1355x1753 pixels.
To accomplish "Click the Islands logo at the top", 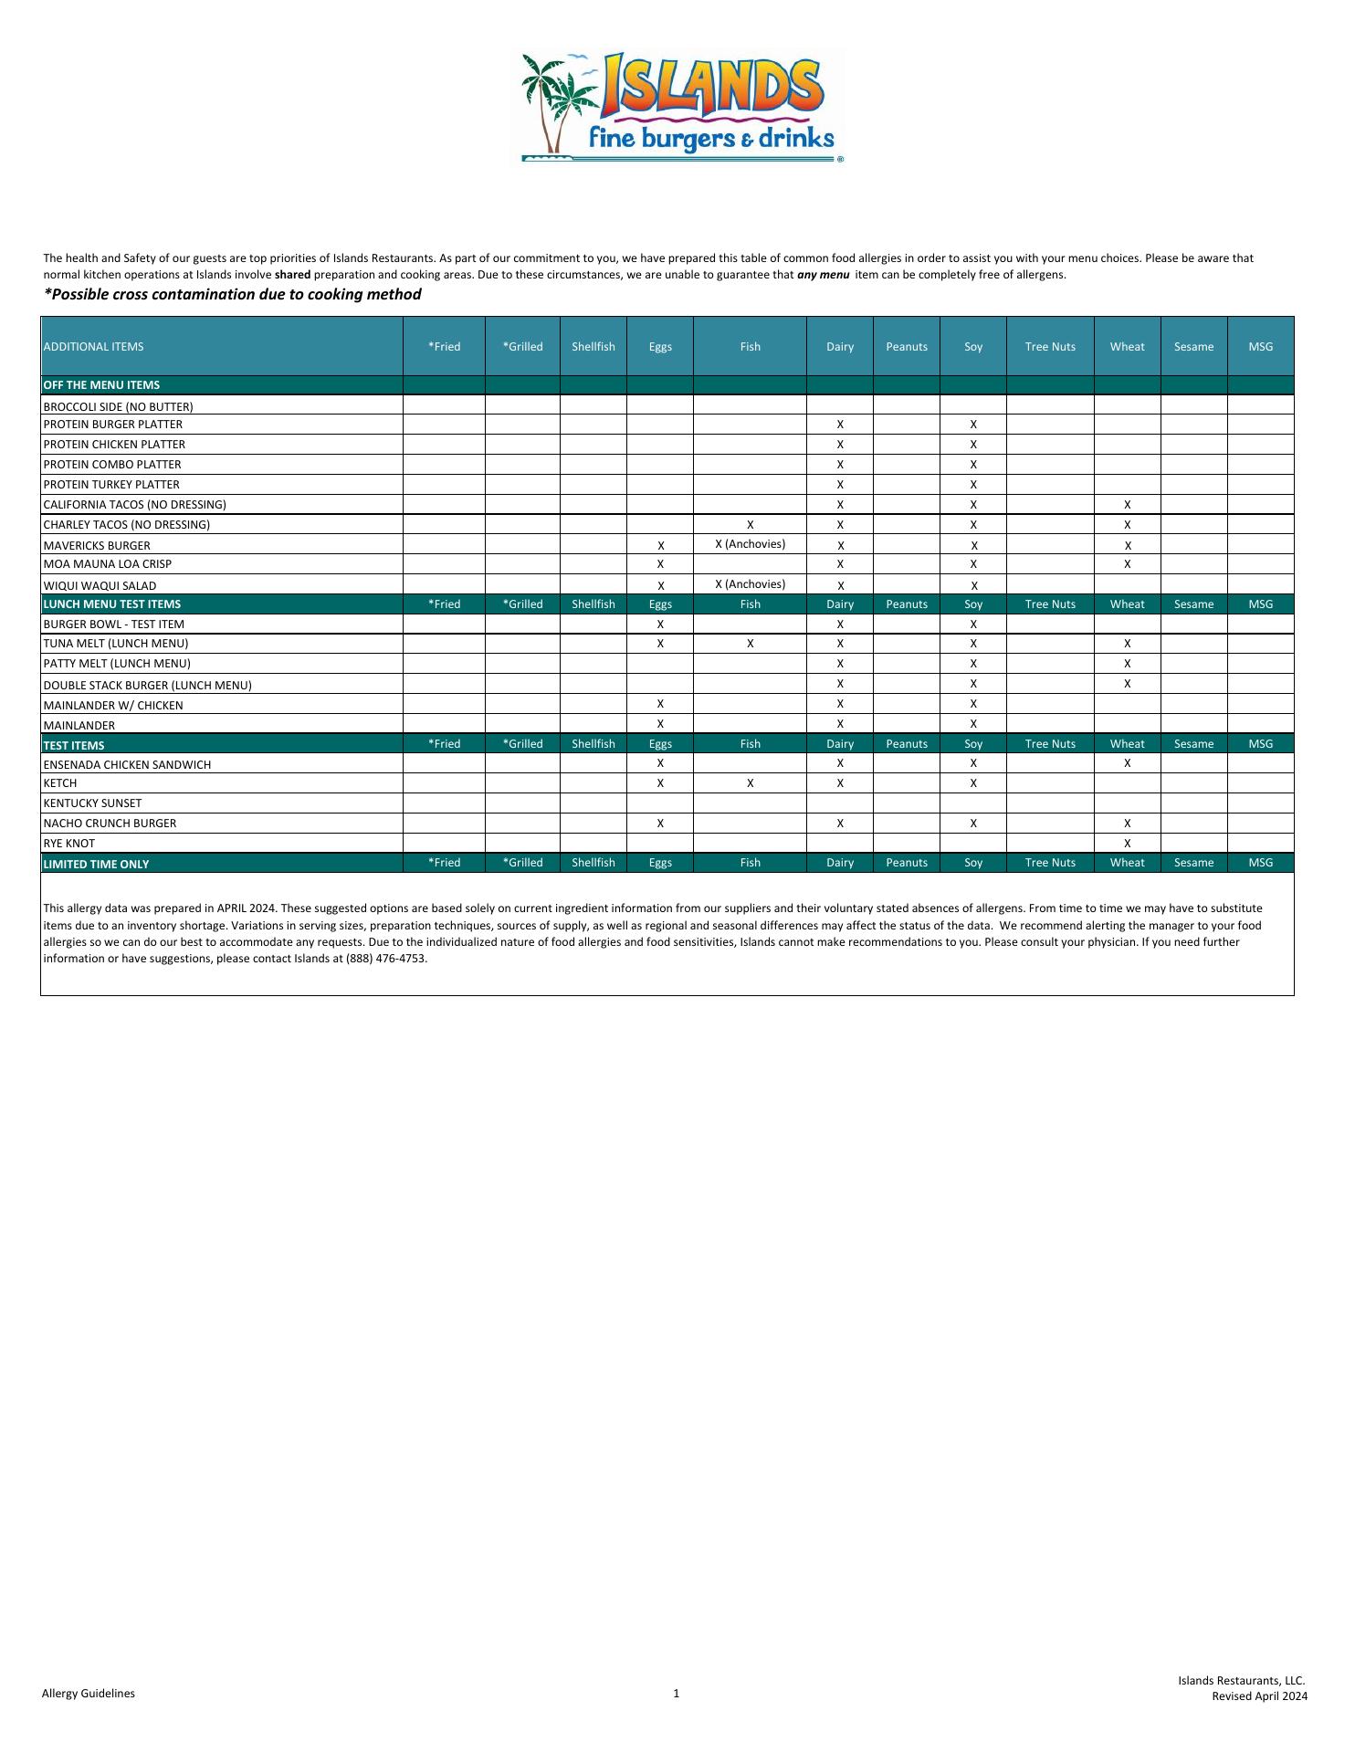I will pyautogui.click(x=681, y=108).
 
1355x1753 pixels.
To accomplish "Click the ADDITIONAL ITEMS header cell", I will pyautogui.click(x=93, y=347).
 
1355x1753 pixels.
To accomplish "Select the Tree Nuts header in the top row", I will pyautogui.click(x=1050, y=347).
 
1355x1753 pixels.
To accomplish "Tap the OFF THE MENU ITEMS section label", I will pyautogui.click(x=101, y=385).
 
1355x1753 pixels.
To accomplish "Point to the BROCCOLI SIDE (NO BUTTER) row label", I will pyautogui.click(x=118, y=406).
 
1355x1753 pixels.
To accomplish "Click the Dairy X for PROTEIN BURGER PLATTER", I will pyautogui.click(x=840, y=425).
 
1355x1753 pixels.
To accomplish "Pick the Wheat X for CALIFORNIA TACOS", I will pyautogui.click(x=1128, y=505).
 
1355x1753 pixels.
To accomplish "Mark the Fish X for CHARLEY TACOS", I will pyautogui.click(x=750, y=525).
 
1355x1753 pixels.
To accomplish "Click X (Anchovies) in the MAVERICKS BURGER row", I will pyautogui.click(x=750, y=544).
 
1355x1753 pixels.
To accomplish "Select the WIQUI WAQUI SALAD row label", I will pyautogui.click(x=100, y=586).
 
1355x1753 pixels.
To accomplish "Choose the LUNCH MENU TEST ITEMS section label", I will pyautogui.click(x=111, y=604).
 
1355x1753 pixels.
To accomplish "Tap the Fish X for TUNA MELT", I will pyautogui.click(x=750, y=644).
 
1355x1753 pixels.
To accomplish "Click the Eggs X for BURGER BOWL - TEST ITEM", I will pyautogui.click(x=660, y=625).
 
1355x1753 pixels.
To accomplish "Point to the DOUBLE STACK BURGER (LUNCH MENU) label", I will pyautogui.click(x=147, y=685).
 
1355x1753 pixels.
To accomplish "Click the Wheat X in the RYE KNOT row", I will pyautogui.click(x=1128, y=844).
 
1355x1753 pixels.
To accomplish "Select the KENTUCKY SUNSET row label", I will pyautogui.click(x=92, y=803).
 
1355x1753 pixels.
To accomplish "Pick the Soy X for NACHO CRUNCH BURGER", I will pyautogui.click(x=973, y=824).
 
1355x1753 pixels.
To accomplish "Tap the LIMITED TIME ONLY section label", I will pyautogui.click(x=96, y=864).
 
